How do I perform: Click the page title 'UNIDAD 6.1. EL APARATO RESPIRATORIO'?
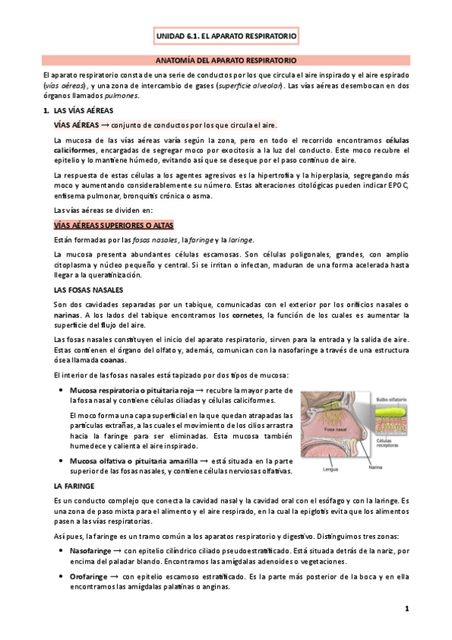pyautogui.click(x=226, y=35)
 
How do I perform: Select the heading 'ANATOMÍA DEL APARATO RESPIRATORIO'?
pyautogui.click(x=226, y=59)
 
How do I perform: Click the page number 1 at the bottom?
pyautogui.click(x=406, y=608)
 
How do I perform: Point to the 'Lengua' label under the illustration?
pyautogui.click(x=327, y=469)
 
